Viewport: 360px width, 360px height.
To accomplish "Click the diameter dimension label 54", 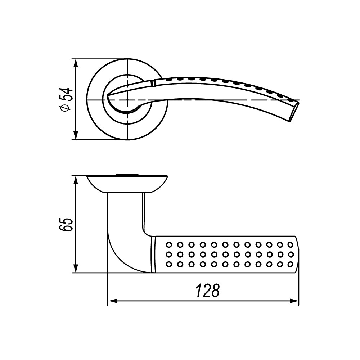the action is [x=67, y=94].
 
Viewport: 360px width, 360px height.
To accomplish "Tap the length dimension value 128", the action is [x=208, y=291].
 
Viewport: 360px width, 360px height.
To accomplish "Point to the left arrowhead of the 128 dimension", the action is [x=112, y=301].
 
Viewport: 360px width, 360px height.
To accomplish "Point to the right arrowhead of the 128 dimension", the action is [x=294, y=301].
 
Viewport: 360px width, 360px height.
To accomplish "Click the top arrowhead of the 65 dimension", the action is [x=76, y=181].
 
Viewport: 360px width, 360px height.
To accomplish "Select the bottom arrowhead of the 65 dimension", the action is [x=76, y=268].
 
